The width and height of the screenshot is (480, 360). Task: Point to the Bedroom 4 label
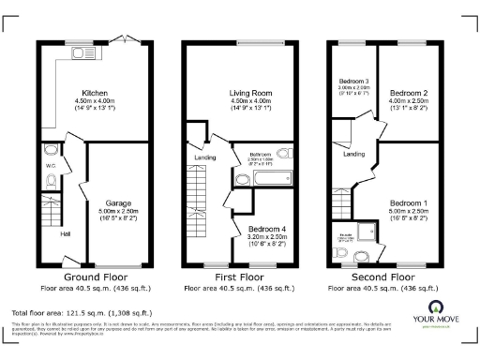(x=267, y=228)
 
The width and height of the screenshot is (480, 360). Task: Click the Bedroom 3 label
(x=352, y=82)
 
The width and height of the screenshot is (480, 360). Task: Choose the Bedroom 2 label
(x=408, y=94)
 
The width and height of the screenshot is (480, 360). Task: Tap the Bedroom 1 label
(x=408, y=202)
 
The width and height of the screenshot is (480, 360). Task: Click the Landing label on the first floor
(x=205, y=157)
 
